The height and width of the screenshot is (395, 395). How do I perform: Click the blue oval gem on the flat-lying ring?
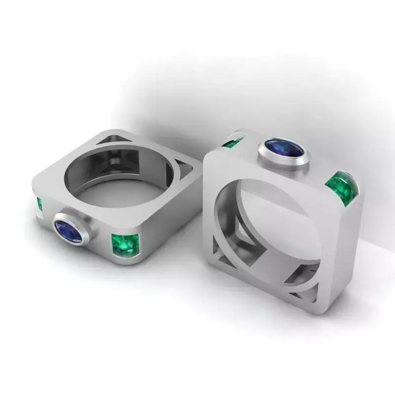68,231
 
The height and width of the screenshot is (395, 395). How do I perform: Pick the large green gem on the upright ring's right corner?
342,188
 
